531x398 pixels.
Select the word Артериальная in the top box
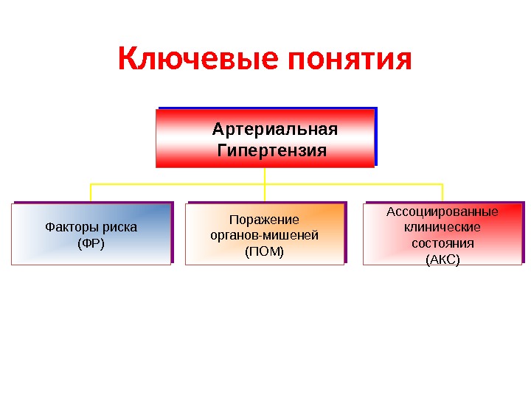[x=274, y=130]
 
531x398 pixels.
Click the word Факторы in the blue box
[x=71, y=227]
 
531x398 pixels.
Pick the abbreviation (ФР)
[x=91, y=242]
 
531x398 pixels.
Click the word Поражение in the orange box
[x=264, y=220]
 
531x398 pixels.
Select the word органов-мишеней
[x=264, y=235]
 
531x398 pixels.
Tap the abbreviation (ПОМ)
[x=264, y=251]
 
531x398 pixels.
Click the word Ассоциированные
[x=442, y=212]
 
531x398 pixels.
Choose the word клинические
[x=442, y=227]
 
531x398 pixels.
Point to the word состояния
[x=442, y=242]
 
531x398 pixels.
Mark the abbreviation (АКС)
[x=442, y=259]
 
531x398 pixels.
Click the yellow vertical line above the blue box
[x=91, y=192]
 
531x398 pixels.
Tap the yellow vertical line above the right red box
[x=442, y=192]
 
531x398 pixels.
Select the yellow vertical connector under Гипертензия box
[x=265, y=175]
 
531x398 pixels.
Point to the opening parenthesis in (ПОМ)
[x=247, y=251]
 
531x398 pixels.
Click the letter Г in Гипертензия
[x=223, y=151]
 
